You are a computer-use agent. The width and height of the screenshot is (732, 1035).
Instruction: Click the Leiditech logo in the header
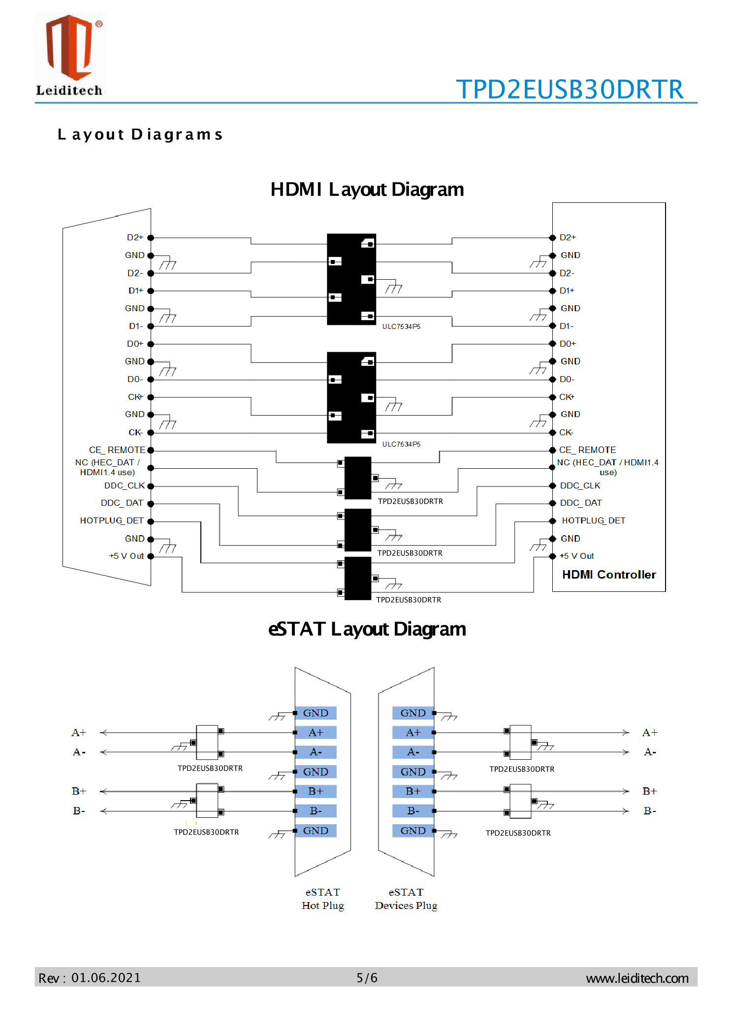pyautogui.click(x=69, y=55)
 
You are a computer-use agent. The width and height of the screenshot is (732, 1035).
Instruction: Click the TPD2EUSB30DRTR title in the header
pyautogui.click(x=570, y=90)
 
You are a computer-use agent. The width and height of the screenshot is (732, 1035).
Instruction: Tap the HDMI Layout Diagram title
pyautogui.click(x=367, y=190)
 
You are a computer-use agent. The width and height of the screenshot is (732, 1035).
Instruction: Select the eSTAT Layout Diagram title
pyautogui.click(x=367, y=629)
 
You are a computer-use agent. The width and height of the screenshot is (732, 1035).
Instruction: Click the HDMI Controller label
pyautogui.click(x=608, y=575)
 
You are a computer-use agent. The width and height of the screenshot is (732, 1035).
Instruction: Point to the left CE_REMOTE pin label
pyautogui.click(x=117, y=450)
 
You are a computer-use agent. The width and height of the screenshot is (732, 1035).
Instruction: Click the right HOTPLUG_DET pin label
pyautogui.click(x=593, y=520)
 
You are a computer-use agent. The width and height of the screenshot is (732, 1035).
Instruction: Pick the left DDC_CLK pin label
pyautogui.click(x=125, y=485)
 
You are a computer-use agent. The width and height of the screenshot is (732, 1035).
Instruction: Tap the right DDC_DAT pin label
pyautogui.click(x=581, y=503)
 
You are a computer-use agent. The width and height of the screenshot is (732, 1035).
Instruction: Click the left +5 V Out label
pyautogui.click(x=127, y=556)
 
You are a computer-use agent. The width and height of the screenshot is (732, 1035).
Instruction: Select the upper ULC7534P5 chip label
pyautogui.click(x=401, y=326)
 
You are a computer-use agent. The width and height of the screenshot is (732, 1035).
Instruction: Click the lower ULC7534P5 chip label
pyautogui.click(x=401, y=444)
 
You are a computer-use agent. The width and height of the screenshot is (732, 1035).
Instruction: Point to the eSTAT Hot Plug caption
pyautogui.click(x=322, y=899)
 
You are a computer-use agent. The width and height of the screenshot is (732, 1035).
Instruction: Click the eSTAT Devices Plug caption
pyautogui.click(x=406, y=899)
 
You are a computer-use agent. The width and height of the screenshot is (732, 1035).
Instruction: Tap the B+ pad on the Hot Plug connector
pyautogui.click(x=316, y=791)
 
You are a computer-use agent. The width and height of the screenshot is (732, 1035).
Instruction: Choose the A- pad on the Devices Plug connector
pyautogui.click(x=413, y=752)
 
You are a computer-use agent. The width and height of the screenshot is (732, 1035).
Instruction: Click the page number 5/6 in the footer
pyautogui.click(x=367, y=978)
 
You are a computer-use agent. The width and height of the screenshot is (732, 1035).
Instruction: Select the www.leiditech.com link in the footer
pyautogui.click(x=637, y=978)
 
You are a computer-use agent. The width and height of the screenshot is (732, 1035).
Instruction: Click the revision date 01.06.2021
pyautogui.click(x=106, y=978)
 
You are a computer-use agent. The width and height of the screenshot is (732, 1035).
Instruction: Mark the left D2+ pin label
pyautogui.click(x=135, y=237)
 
